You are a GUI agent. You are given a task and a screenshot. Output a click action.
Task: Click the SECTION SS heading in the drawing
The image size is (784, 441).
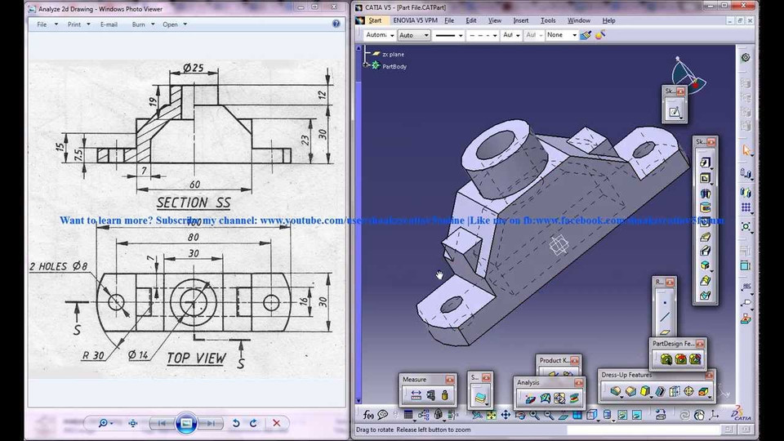pos(194,202)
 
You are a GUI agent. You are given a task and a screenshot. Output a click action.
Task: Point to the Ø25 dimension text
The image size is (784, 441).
pos(193,68)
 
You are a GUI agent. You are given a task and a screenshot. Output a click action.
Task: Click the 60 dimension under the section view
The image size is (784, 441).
pos(194,184)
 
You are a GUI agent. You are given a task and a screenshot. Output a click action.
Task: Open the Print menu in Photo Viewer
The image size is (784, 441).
pos(74,24)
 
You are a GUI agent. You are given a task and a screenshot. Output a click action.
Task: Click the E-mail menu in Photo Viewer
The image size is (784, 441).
pos(109,24)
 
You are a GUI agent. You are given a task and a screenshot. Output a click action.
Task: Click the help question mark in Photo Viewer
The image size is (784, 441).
pos(336,24)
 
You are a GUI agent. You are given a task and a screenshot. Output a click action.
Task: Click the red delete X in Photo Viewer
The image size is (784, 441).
pos(276,423)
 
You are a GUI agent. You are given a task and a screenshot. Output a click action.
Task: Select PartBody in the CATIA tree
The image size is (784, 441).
pos(394,66)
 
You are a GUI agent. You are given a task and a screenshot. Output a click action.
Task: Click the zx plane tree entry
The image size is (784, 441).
pos(393,54)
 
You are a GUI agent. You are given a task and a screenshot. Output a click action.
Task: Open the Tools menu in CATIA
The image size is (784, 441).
pos(548,20)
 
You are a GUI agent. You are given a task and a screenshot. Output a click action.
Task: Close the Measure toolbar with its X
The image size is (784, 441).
pos(448,380)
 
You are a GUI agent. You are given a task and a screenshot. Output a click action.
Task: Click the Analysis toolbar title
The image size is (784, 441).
pos(528,382)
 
